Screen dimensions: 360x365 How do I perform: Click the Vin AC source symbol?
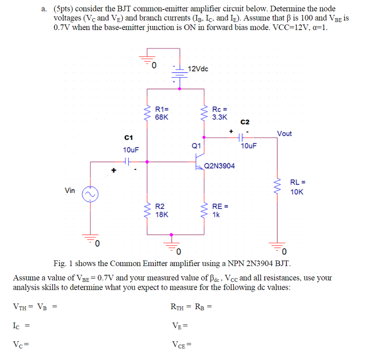[90, 193]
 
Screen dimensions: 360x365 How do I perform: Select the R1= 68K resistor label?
[162, 113]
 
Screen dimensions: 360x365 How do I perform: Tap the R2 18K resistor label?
[162, 210]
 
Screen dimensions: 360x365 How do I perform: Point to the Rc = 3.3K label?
[220, 113]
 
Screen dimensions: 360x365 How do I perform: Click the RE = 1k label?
[220, 210]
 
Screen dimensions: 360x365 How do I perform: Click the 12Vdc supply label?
[198, 69]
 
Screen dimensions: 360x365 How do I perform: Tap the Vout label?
[284, 133]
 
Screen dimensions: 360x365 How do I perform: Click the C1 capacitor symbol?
[127, 161]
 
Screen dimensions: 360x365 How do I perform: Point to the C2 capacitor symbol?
[240, 138]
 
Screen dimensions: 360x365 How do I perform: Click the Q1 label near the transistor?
[196, 146]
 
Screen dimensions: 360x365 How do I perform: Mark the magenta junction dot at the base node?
[148, 161]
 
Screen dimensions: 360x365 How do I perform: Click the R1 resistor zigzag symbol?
[148, 113]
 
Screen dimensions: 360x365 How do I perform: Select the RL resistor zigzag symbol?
[277, 187]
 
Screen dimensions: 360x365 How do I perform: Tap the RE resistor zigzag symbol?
[204, 210]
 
